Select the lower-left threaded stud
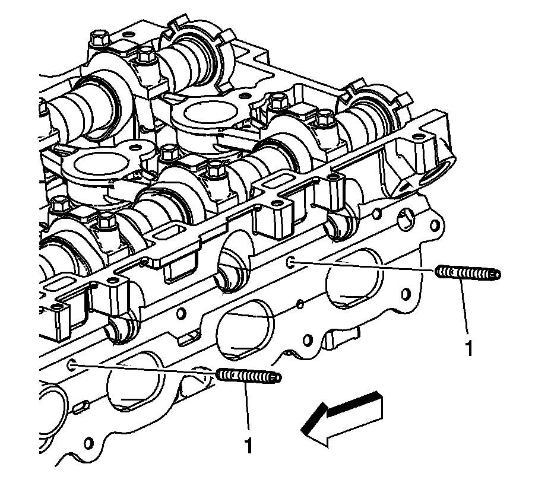(x=248, y=376)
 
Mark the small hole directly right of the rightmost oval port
(x=406, y=294)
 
